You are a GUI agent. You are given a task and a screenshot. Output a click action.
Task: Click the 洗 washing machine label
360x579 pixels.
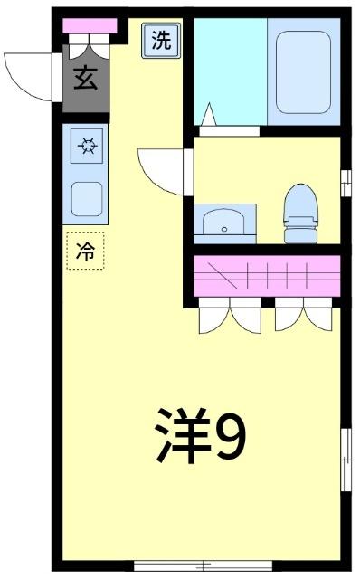pyautogui.click(x=160, y=40)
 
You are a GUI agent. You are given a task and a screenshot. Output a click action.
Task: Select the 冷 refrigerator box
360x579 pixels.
pyautogui.click(x=86, y=252)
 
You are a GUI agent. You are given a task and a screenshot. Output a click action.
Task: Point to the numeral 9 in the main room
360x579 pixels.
pyautogui.click(x=232, y=435)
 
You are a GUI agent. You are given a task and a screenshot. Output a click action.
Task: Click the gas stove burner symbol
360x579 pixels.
pyautogui.click(x=86, y=145)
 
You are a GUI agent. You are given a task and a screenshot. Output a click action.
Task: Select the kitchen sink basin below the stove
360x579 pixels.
pyautogui.click(x=86, y=196)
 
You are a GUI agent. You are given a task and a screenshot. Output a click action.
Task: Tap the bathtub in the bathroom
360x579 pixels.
pyautogui.click(x=302, y=71)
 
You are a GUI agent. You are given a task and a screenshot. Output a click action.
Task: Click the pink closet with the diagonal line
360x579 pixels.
pyautogui.click(x=267, y=273)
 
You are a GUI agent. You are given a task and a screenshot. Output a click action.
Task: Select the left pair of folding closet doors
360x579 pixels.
pyautogui.click(x=229, y=313)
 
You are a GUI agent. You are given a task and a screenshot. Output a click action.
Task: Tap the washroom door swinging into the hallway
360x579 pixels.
pyautogui.click(x=163, y=167)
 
